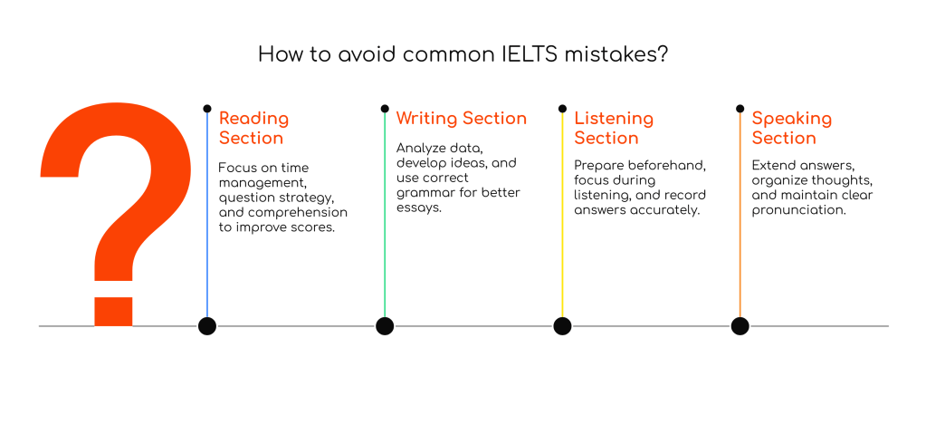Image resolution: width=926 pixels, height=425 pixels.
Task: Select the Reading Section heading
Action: click(x=253, y=128)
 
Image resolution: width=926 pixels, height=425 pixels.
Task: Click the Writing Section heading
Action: click(x=461, y=119)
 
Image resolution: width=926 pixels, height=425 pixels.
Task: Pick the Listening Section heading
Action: click(x=613, y=128)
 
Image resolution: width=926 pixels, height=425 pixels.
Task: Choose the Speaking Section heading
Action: click(x=791, y=128)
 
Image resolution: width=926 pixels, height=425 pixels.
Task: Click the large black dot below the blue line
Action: click(x=207, y=326)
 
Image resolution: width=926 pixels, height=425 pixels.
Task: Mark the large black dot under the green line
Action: click(x=385, y=326)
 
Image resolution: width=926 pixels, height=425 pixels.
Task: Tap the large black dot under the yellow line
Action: click(x=562, y=326)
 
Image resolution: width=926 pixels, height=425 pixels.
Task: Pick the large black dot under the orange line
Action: click(x=740, y=326)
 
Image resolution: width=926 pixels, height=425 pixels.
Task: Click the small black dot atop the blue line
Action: click(x=207, y=108)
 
